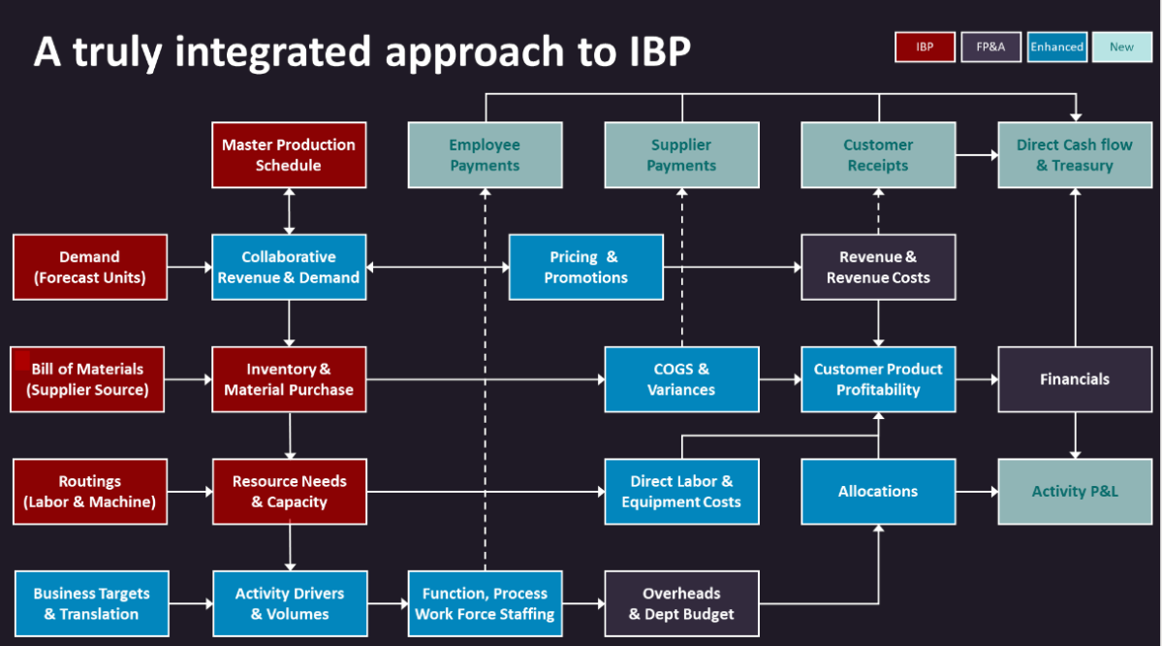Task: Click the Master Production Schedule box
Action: click(x=289, y=154)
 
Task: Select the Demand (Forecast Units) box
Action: click(x=89, y=267)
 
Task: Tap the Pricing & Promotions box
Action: click(x=585, y=267)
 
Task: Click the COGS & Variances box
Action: click(x=681, y=379)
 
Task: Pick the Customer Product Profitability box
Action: click(x=878, y=379)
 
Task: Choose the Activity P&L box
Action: click(x=1074, y=491)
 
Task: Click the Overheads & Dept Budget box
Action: click(x=681, y=603)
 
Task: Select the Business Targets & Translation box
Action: click(x=91, y=603)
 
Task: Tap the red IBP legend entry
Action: click(x=924, y=47)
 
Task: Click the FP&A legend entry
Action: click(x=990, y=47)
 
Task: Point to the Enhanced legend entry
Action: click(x=1056, y=47)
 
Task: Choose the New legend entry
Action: click(x=1121, y=47)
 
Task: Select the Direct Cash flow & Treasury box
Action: click(x=1074, y=154)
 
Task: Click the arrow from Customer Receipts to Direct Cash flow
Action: click(x=977, y=154)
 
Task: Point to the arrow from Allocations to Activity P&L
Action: click(x=977, y=492)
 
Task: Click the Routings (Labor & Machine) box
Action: click(x=89, y=491)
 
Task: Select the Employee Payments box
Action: click(x=485, y=154)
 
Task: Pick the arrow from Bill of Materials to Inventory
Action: click(x=190, y=379)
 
